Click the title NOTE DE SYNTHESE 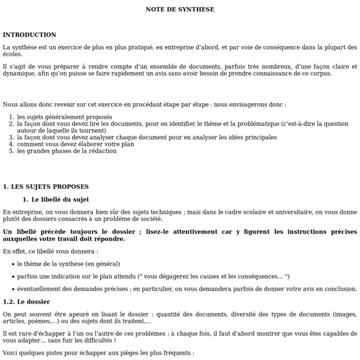tap(180, 9)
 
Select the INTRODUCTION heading tap(29, 35)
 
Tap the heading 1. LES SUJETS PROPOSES tap(46, 187)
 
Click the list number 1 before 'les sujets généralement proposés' tap(11, 117)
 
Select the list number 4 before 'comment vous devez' tap(11, 144)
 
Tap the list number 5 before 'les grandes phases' tap(11, 151)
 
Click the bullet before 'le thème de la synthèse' tap(13, 264)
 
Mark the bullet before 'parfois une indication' tap(13, 276)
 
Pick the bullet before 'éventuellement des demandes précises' tap(13, 289)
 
